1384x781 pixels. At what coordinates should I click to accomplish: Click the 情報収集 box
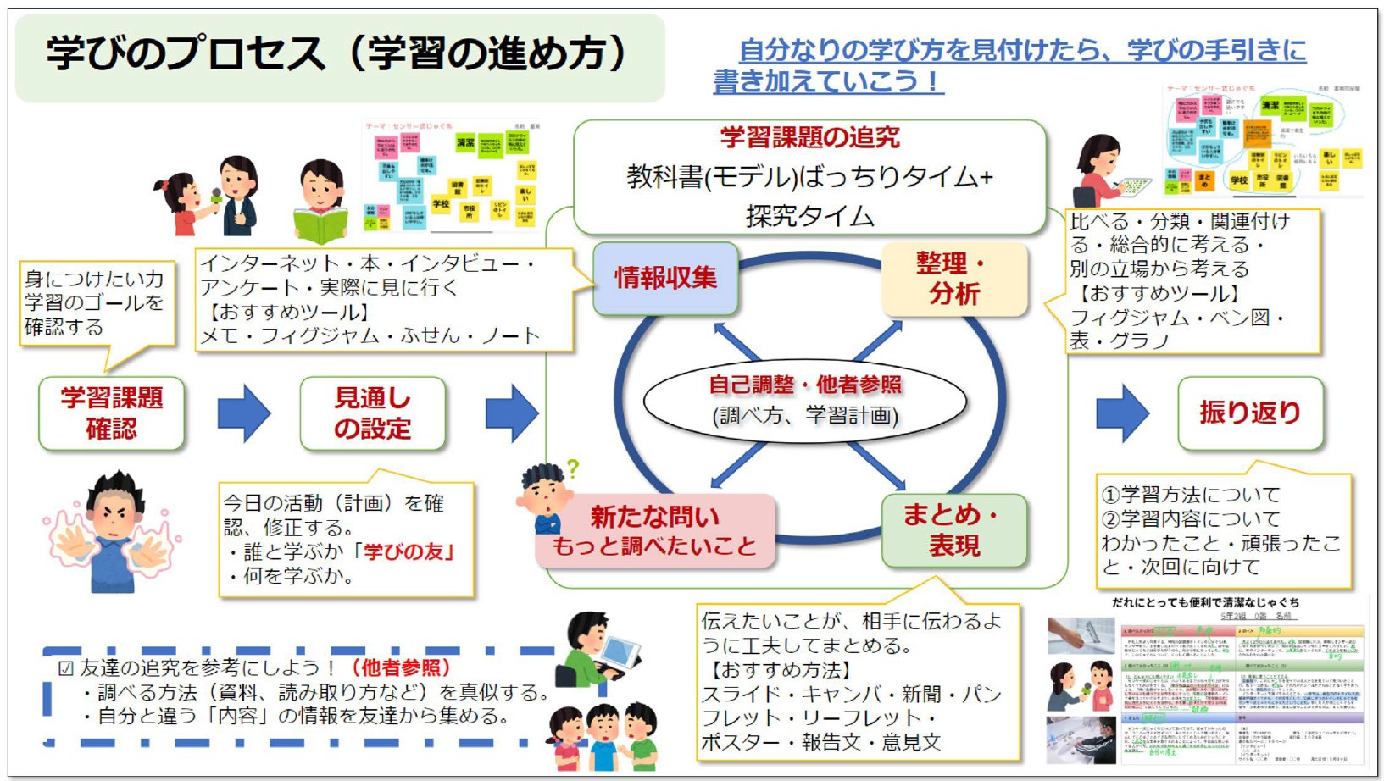[665, 278]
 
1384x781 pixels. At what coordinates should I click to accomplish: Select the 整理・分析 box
[954, 279]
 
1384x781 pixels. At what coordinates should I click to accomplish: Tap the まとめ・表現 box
[953, 530]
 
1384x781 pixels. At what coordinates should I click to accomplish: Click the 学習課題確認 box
[111, 413]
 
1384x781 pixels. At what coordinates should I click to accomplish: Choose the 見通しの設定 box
[372, 413]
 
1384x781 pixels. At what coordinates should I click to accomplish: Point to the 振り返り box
[1249, 413]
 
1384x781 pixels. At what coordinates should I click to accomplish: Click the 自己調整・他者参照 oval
[805, 400]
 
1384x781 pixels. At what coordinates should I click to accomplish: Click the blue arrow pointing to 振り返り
[1123, 413]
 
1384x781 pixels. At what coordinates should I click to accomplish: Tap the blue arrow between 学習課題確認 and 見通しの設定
[244, 413]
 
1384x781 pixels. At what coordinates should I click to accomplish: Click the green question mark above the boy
[573, 468]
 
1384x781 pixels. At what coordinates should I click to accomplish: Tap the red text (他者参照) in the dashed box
[401, 667]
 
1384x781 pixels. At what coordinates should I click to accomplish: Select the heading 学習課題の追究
[809, 137]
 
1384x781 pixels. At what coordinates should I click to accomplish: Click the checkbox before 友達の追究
[65, 668]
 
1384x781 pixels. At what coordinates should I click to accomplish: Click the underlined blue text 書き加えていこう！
[827, 81]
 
